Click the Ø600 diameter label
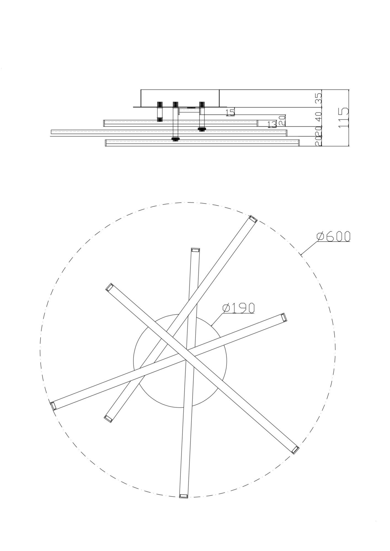(x=333, y=236)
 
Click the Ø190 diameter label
(x=238, y=308)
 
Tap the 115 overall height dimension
(x=343, y=118)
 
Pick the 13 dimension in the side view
(x=272, y=125)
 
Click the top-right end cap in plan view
(x=253, y=219)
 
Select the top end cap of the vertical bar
(x=195, y=250)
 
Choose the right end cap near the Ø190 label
(x=284, y=317)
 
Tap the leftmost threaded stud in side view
(x=159, y=111)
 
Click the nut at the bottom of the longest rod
(x=175, y=139)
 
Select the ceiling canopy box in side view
(x=180, y=98)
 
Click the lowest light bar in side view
(x=202, y=143)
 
